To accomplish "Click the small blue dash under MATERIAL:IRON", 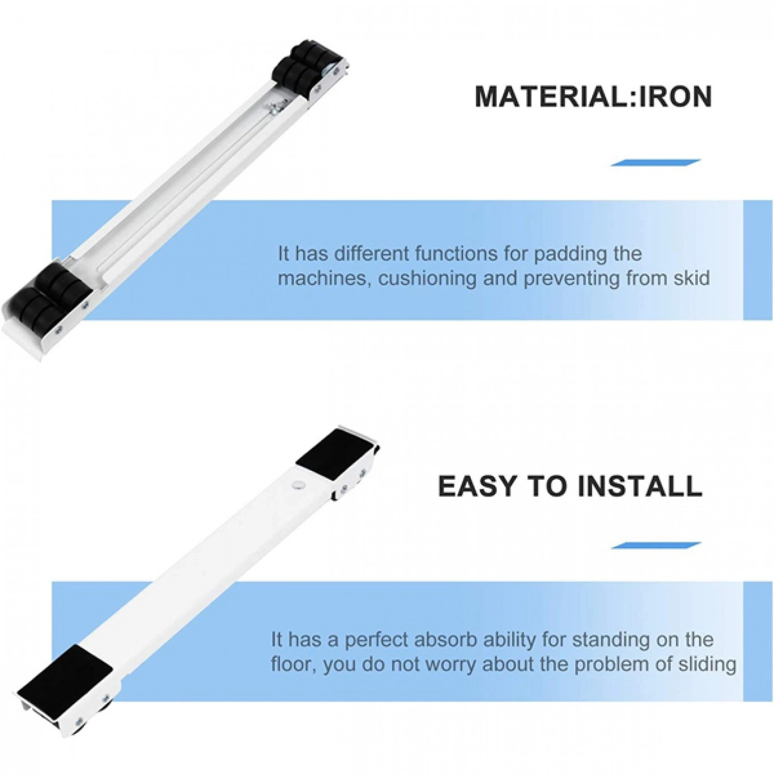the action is pyautogui.click(x=655, y=162).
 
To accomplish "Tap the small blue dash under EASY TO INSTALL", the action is pyautogui.click(x=655, y=545).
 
